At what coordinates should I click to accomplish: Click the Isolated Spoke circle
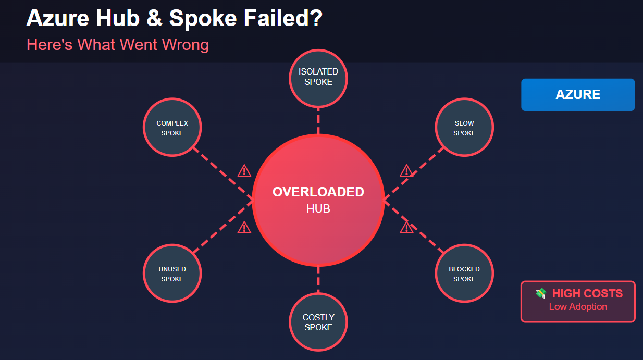[318, 78]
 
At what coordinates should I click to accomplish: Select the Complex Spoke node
[172, 127]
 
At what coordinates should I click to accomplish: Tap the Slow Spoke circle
[464, 127]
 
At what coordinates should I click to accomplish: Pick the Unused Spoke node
[172, 273]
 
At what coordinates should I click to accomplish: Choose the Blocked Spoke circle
[464, 273]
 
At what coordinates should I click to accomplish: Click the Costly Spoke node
[318, 322]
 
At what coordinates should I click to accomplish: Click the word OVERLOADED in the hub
[318, 192]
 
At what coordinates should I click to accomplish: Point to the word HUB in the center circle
[318, 209]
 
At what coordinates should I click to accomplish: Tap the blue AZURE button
[578, 95]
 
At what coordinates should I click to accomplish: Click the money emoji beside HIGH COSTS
[541, 293]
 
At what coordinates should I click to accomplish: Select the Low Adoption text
[578, 307]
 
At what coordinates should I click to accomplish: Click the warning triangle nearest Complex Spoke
[244, 170]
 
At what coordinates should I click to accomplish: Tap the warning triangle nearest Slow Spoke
[406, 170]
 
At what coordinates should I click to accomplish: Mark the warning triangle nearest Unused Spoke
[244, 227]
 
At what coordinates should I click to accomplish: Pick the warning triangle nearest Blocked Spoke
[406, 227]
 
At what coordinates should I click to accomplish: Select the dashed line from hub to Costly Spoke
[318, 279]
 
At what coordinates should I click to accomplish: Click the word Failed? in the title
[283, 18]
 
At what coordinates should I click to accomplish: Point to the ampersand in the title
[154, 18]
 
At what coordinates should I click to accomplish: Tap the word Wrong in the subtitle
[185, 45]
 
